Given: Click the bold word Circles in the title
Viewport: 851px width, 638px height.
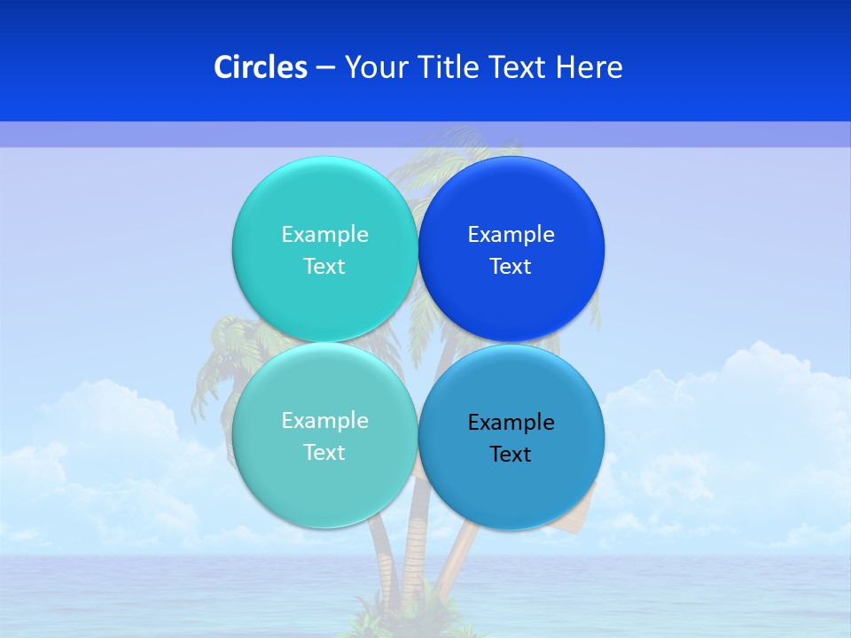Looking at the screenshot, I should point(260,67).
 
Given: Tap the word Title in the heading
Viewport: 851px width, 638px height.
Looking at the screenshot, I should point(451,67).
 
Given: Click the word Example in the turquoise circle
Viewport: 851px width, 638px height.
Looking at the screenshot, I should point(324,235).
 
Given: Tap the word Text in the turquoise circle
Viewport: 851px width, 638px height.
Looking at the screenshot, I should point(324,267).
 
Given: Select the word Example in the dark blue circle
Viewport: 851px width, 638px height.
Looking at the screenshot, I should point(511,235).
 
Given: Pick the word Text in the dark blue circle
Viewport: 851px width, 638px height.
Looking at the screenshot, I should point(511,267).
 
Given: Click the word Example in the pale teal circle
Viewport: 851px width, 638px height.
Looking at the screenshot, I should point(324,421).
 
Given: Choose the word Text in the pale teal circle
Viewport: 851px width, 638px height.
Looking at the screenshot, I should point(324,453).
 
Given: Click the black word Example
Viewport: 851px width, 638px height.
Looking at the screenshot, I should point(511,423).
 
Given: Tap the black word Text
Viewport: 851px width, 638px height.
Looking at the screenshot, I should point(511,455).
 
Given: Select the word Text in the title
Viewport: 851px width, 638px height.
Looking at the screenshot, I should point(519,67).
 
